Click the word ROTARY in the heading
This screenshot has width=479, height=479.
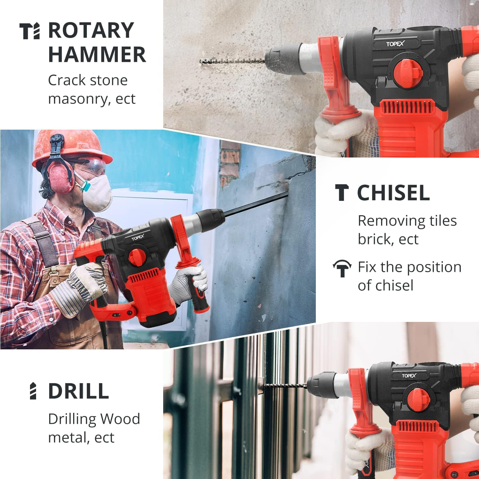[x=91, y=30]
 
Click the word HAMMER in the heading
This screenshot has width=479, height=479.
[x=97, y=54]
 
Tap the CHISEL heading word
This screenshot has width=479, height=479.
[x=393, y=193]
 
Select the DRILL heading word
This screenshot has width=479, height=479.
[x=79, y=391]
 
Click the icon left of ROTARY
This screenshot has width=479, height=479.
[x=30, y=31]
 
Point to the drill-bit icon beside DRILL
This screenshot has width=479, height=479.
[x=33, y=391]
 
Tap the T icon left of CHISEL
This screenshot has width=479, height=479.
[x=342, y=193]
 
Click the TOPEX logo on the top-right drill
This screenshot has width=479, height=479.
[x=395, y=44]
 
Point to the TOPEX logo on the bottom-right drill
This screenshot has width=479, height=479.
[x=409, y=376]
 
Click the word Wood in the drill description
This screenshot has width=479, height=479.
[x=120, y=419]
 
